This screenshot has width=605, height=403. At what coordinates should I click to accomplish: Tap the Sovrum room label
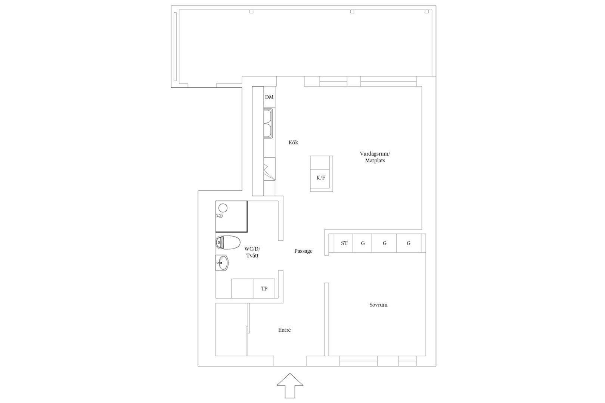pyautogui.click(x=378, y=305)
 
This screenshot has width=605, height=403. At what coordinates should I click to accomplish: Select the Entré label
pyautogui.click(x=284, y=330)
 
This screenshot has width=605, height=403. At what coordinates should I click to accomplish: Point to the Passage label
pyautogui.click(x=303, y=251)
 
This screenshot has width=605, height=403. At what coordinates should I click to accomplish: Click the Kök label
pyautogui.click(x=293, y=143)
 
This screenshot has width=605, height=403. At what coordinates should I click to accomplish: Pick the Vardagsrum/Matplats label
pyautogui.click(x=375, y=157)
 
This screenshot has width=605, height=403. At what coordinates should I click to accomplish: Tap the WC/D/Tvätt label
pyautogui.click(x=252, y=252)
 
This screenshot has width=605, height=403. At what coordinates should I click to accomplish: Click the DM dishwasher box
pyautogui.click(x=269, y=97)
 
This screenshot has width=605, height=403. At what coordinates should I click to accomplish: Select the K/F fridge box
pyautogui.click(x=321, y=178)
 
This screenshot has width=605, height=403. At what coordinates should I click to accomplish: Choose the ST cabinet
pyautogui.click(x=344, y=243)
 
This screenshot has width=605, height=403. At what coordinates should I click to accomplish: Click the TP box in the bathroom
pyautogui.click(x=264, y=288)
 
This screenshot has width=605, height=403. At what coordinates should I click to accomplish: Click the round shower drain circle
pyautogui.click(x=223, y=208)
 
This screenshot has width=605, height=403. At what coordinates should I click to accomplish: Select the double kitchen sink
pyautogui.click(x=268, y=123)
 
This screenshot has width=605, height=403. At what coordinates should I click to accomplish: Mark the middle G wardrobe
pyautogui.click(x=384, y=243)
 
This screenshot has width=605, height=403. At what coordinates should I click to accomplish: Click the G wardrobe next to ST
pyautogui.click(x=363, y=243)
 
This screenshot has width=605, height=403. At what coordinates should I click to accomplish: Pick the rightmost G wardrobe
pyautogui.click(x=409, y=243)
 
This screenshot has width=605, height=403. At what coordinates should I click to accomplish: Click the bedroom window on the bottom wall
pyautogui.click(x=378, y=361)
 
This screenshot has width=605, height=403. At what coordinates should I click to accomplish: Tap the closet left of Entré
pyautogui.click(x=231, y=330)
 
